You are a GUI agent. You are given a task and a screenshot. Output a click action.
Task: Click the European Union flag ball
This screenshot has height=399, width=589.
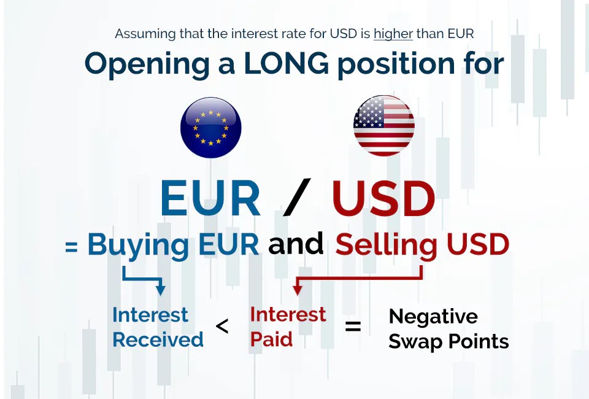210,128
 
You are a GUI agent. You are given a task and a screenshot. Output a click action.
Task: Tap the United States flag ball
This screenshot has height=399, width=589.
384,125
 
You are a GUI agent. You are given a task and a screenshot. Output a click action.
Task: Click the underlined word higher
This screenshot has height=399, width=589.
393,34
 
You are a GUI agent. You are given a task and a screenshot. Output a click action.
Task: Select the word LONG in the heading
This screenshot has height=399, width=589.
287,63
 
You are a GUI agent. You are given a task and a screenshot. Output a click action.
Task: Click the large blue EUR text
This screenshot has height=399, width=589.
210,198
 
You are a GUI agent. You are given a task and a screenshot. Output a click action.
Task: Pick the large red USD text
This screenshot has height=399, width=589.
383,198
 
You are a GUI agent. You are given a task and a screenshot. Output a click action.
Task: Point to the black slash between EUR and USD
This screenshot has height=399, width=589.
297,197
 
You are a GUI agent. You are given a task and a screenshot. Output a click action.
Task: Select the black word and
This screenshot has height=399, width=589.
296,244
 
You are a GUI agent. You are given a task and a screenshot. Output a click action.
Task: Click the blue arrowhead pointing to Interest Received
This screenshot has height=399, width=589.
160,290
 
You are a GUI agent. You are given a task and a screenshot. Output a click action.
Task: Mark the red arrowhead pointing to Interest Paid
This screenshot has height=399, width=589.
298,290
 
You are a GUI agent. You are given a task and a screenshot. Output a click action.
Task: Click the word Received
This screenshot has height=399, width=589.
158,339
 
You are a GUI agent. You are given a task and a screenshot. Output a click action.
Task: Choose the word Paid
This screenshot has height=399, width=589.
271,339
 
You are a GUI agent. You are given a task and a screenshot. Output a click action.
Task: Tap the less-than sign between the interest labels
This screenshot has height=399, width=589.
222,326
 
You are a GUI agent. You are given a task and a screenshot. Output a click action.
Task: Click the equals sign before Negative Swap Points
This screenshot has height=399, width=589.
353,327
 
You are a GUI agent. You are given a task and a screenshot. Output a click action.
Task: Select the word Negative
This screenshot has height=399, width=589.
433,317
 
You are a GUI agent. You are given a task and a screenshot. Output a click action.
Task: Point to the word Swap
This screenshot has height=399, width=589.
416,342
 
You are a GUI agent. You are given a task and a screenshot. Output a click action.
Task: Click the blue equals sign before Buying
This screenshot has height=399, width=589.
71,247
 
